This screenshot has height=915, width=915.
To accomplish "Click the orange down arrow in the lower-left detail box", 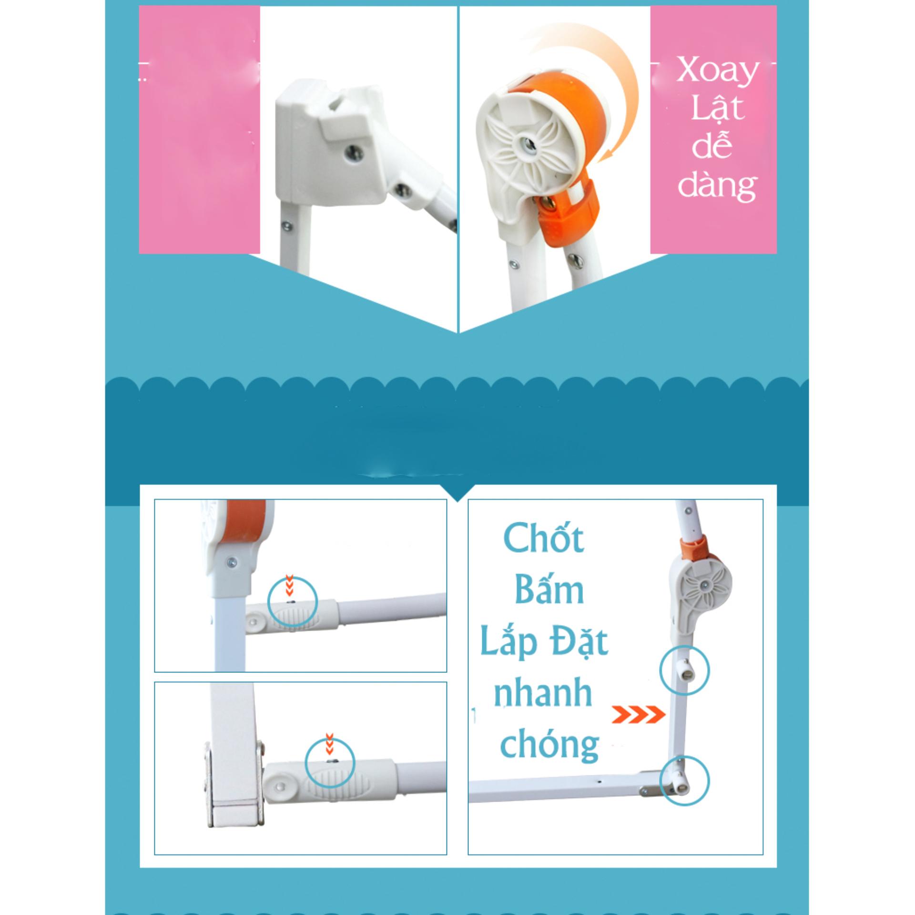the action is pyautogui.click(x=328, y=755).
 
